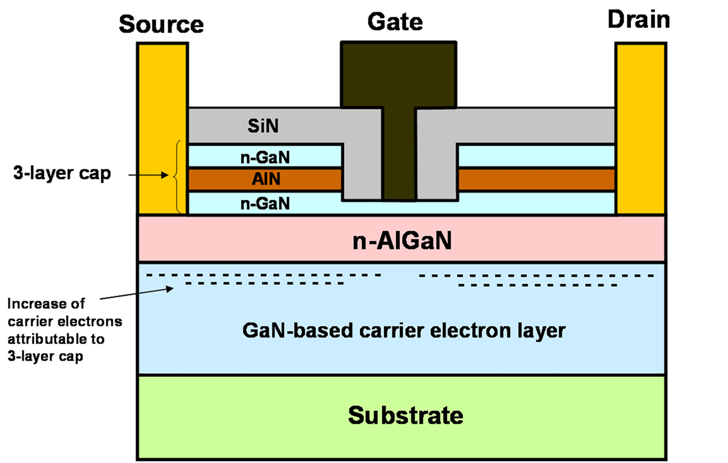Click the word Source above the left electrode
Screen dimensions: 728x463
(x=161, y=24)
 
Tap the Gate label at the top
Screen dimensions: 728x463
(x=395, y=22)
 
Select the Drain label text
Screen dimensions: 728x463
(x=639, y=20)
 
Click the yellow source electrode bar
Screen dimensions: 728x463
(x=163, y=129)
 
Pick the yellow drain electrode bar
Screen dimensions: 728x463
(x=641, y=129)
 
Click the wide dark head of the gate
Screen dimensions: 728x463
(x=399, y=75)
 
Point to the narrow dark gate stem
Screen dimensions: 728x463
(x=399, y=154)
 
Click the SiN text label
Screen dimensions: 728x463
(x=263, y=126)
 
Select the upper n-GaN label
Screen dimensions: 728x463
(x=265, y=158)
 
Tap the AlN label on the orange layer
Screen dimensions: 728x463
(x=266, y=179)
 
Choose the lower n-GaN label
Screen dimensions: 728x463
(x=265, y=204)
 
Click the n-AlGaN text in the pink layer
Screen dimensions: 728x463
(x=402, y=241)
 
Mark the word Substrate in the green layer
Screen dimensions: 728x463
(x=405, y=415)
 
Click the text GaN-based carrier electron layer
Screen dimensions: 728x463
(x=404, y=331)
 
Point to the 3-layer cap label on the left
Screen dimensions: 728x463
(x=62, y=173)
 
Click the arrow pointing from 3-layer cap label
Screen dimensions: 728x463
(x=148, y=175)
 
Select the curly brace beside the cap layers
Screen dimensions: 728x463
(x=177, y=177)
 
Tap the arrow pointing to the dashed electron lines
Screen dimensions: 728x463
(x=136, y=293)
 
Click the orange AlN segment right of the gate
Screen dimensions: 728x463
(x=536, y=179)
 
